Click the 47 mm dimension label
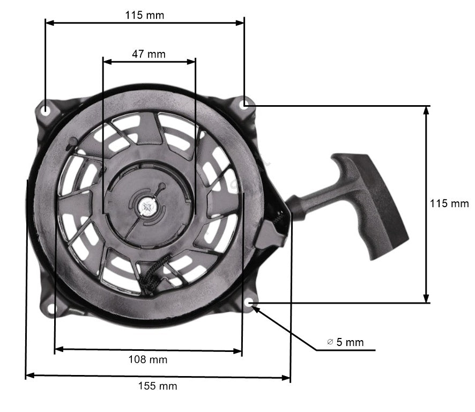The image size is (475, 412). (x=149, y=54)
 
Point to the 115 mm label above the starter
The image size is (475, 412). (x=145, y=15)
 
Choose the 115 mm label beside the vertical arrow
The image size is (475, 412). (x=449, y=204)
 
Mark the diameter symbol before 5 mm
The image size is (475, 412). (x=330, y=342)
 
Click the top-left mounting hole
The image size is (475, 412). (x=47, y=110)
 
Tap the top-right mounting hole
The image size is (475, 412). (x=245, y=105)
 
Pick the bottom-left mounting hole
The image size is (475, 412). (x=52, y=309)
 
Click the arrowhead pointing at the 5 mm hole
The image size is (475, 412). (x=257, y=309)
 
